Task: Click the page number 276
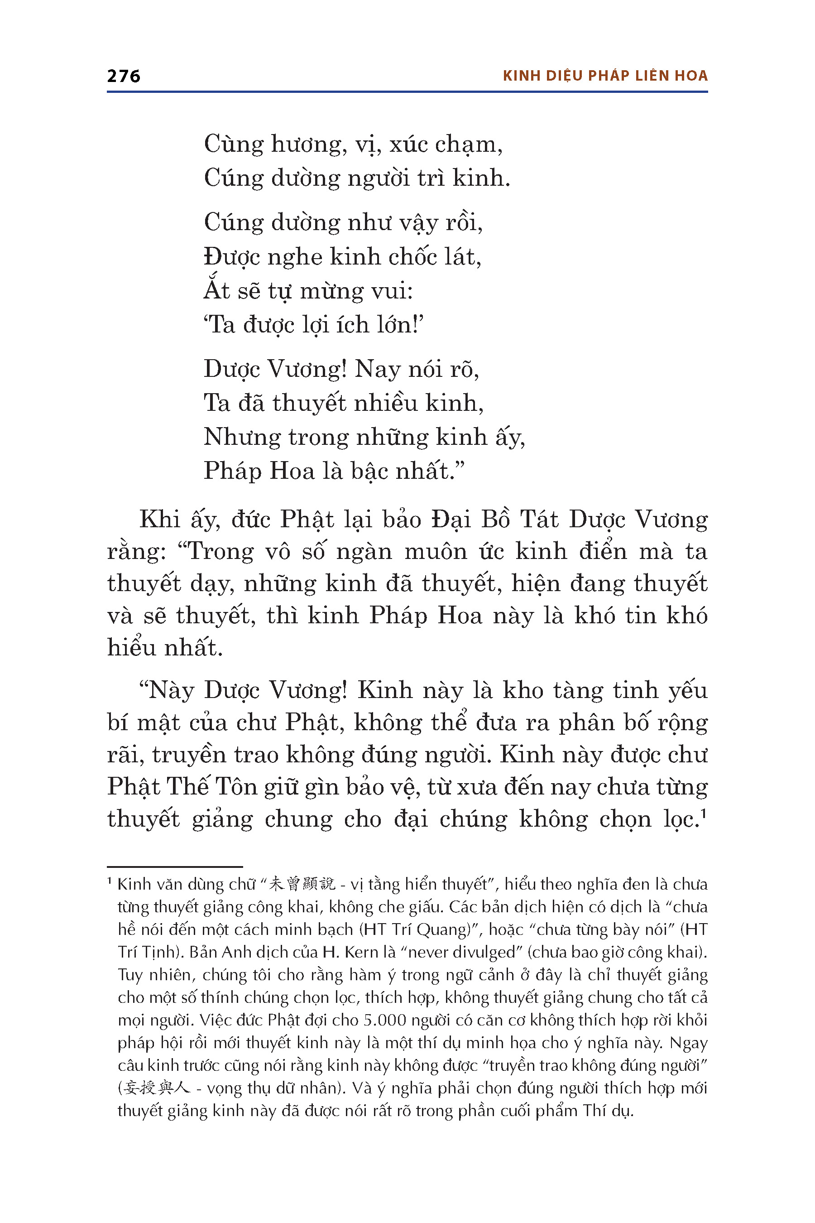[x=123, y=76]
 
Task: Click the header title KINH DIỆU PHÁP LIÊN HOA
[x=605, y=76]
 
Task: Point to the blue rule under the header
[x=407, y=92]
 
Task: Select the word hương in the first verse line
[x=309, y=144]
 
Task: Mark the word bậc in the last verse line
[x=369, y=471]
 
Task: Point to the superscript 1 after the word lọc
[x=704, y=814]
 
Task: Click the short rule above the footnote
[x=175, y=867]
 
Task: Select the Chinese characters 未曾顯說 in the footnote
[x=302, y=885]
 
